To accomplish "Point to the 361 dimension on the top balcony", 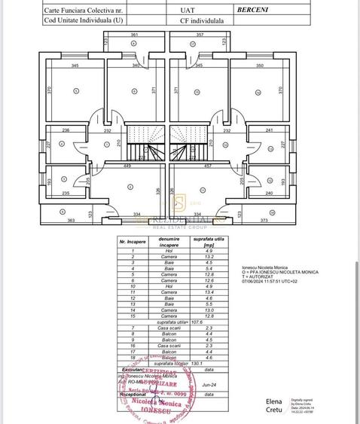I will (x=134, y=35).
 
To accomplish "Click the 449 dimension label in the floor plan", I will (x=128, y=166).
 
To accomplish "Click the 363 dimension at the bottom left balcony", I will (x=72, y=221).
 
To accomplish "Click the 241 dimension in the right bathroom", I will (x=270, y=130).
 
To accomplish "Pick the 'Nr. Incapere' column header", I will (x=133, y=243).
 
